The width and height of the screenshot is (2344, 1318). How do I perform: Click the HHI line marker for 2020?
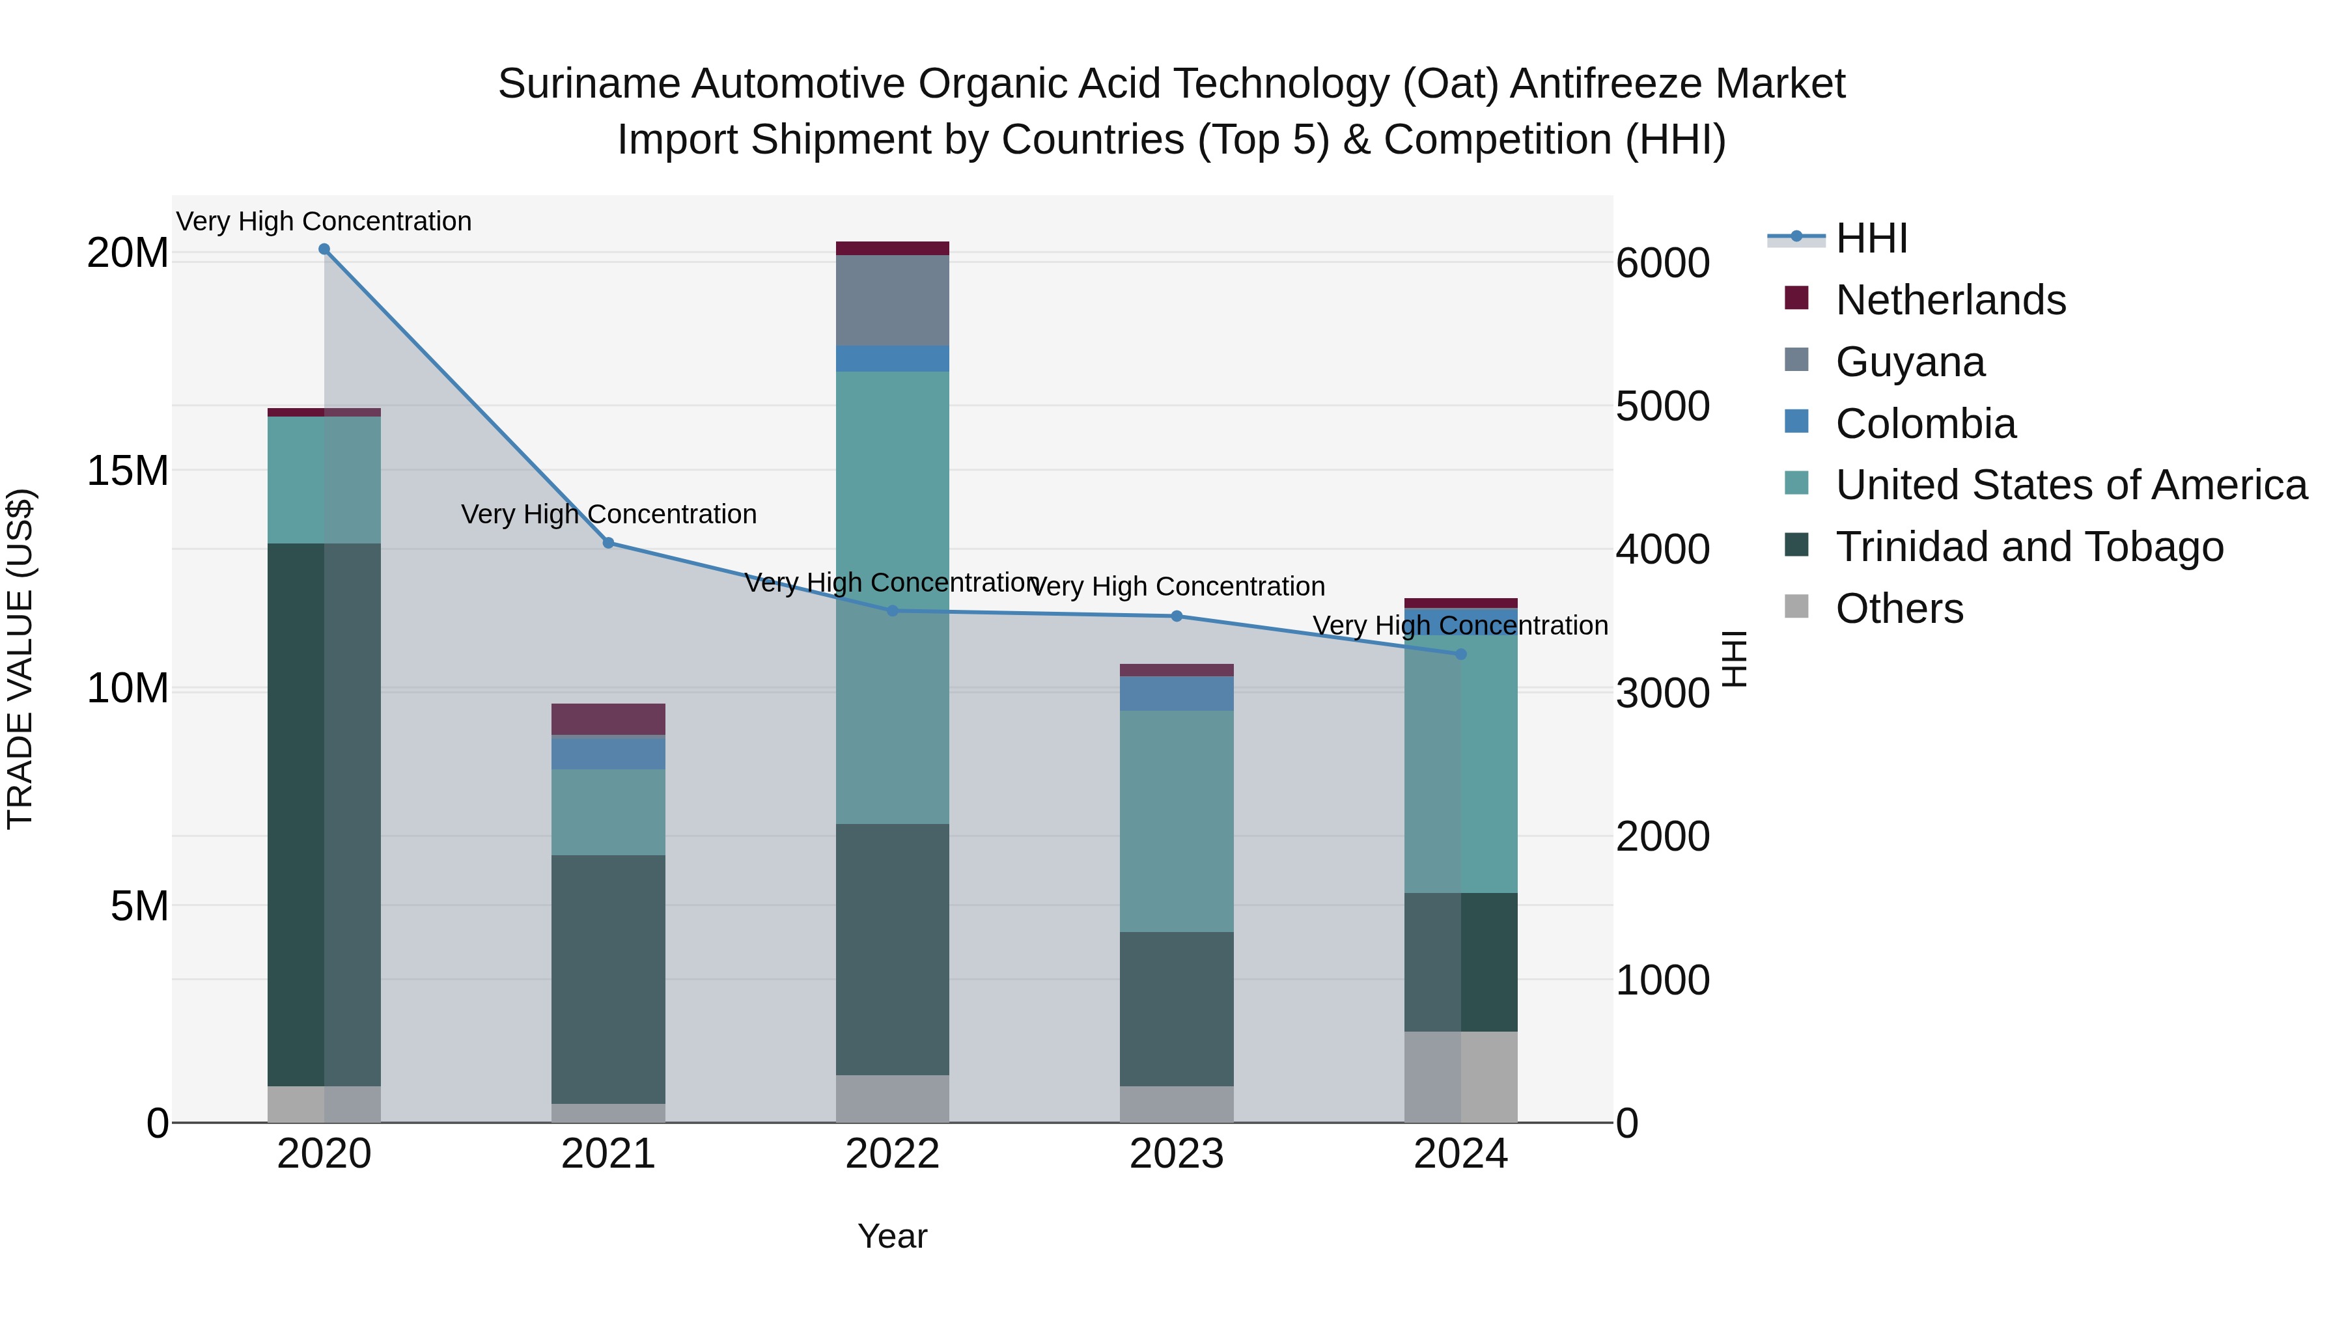pos(324,249)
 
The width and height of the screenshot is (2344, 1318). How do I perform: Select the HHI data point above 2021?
pos(609,543)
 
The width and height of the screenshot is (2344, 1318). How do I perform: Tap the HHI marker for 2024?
pos(1461,654)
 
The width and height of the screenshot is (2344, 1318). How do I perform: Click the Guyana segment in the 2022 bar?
pos(892,300)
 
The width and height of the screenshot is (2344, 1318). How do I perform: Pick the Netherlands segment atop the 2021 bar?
pos(608,719)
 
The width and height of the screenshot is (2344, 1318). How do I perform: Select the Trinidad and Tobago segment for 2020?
pos(324,814)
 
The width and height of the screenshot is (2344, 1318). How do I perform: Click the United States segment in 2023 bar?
pos(1177,821)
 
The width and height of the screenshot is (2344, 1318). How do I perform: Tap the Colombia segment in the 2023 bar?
pos(1177,693)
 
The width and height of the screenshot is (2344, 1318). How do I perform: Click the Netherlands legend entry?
pos(1950,300)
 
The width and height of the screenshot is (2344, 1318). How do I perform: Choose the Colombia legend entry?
pos(1925,424)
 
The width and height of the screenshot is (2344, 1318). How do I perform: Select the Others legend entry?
pos(1899,609)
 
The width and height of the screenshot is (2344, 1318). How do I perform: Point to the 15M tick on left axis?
pos(128,471)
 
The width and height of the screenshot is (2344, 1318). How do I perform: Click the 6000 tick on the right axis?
pos(1662,263)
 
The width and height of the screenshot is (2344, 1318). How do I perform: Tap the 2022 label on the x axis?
pos(892,1154)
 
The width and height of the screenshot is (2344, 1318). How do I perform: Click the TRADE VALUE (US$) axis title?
pos(20,659)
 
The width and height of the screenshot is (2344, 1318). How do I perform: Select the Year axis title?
pos(892,1236)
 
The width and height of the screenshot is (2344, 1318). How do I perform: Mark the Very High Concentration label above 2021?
pos(609,514)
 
